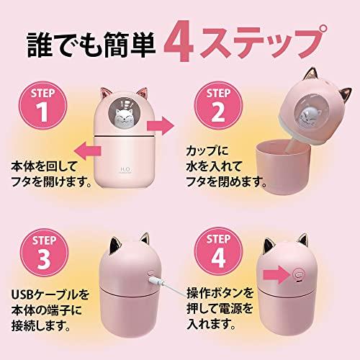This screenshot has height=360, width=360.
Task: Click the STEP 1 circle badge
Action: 42,106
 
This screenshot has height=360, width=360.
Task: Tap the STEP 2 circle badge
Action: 218,106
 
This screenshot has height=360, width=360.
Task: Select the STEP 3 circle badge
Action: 44,253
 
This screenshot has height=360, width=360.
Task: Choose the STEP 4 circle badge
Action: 218,252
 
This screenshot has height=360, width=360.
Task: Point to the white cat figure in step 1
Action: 123,117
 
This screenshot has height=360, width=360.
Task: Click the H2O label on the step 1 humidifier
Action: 125,170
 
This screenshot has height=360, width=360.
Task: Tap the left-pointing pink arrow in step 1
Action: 88,150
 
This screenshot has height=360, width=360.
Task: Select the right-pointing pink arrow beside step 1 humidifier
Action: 161,125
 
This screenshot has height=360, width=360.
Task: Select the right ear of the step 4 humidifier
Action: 302,240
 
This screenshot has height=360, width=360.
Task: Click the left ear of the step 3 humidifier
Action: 115,245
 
